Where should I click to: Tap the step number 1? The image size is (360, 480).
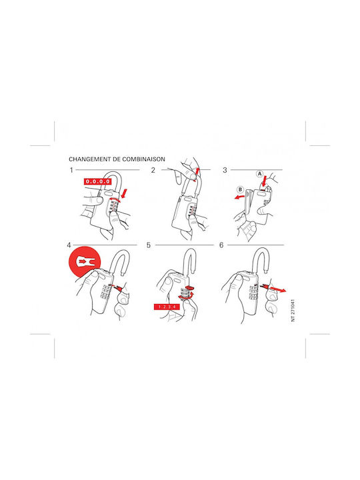71,170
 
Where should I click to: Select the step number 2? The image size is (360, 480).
153,170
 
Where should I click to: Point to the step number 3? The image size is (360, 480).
225,170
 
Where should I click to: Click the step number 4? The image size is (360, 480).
69,245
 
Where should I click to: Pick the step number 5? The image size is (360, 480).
149,245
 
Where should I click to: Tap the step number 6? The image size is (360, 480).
221,245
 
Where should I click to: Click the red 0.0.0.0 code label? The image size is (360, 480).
97,181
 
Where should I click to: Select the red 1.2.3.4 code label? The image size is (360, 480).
167,307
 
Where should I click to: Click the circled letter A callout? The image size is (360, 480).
259,174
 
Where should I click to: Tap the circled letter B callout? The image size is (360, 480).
240,190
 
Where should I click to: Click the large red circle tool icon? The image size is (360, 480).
85,262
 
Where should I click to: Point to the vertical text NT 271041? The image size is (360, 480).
293,311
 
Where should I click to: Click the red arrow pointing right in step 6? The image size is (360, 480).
273,289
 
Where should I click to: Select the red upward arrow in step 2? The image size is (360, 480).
197,174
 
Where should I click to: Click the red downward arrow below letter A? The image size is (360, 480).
264,181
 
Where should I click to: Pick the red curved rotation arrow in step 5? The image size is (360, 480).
187,296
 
